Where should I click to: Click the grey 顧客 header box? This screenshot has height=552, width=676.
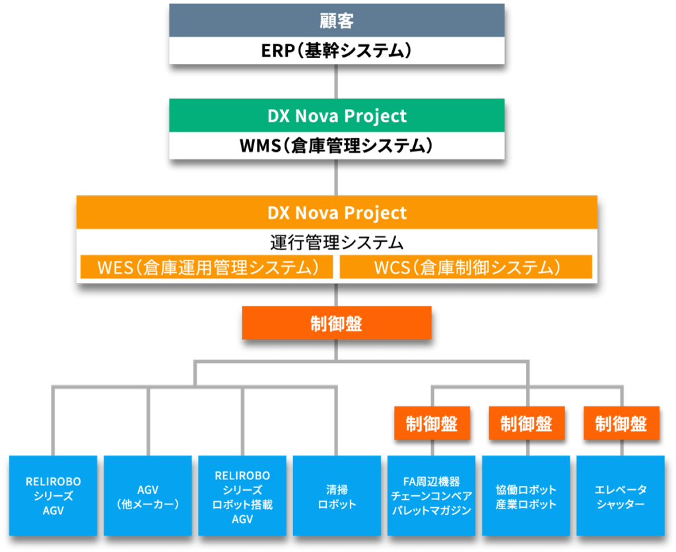337,20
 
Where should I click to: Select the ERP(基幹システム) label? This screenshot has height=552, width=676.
337,51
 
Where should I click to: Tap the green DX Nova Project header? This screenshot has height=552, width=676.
337,116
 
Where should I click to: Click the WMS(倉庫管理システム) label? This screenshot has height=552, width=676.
337,146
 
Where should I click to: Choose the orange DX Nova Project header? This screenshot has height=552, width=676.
337,213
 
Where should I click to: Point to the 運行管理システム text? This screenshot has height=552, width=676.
337,242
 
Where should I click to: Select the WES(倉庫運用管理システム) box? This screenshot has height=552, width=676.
207,267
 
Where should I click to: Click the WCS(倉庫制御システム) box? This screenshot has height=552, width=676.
466,267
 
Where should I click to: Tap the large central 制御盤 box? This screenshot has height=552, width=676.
337,324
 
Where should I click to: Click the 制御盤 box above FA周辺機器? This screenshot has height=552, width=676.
431,423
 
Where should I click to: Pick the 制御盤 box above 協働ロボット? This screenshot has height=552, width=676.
526,423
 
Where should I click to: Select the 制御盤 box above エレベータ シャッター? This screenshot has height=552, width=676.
621,423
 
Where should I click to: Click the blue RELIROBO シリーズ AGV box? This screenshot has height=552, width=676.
53,495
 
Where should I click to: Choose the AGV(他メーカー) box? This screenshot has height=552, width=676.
148,495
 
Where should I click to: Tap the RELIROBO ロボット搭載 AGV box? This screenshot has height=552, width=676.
242,495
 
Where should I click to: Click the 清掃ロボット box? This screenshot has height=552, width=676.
337,495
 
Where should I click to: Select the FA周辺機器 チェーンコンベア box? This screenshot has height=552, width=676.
431,495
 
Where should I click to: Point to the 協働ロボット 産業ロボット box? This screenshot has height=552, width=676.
526,495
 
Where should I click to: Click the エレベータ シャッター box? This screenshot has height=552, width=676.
621,495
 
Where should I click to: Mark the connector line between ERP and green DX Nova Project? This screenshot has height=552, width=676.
337,81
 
